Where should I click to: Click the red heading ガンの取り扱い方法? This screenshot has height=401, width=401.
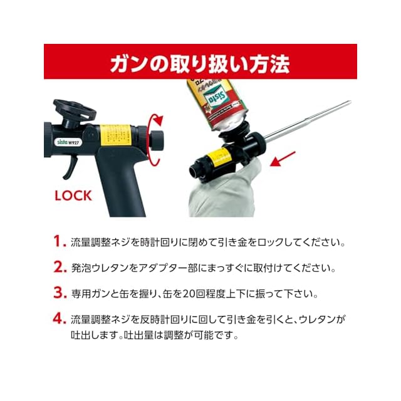pos(200,64)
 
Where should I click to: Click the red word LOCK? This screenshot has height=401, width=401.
pos(73,196)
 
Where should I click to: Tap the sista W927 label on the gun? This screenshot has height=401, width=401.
pos(68,142)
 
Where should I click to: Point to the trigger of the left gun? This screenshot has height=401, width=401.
pos(71,167)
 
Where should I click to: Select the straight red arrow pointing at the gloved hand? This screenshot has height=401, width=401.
pos(283,159)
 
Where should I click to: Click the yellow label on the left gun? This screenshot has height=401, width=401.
pos(115,135)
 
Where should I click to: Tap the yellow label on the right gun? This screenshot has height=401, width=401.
pos(219,157)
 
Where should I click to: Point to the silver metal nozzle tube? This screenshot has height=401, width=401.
pos(308,119)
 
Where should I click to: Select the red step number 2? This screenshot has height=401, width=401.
pos(60,267)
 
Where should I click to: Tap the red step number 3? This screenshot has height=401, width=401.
pos(60,293)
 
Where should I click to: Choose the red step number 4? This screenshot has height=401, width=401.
pos(60,318)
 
